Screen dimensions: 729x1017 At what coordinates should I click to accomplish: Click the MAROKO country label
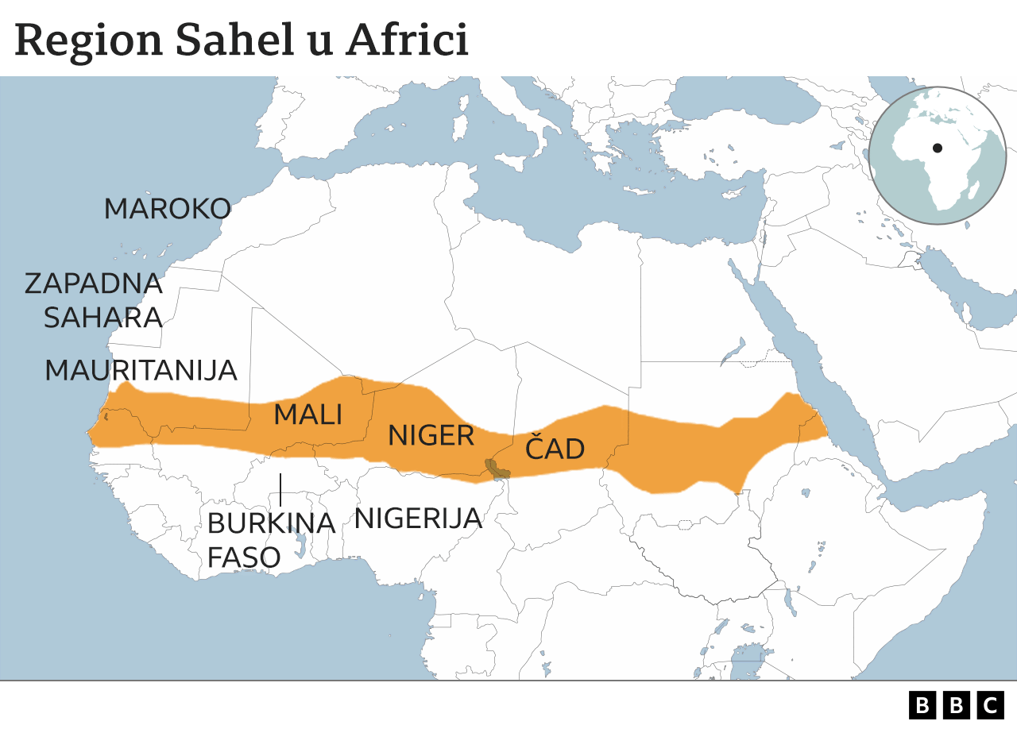pyautogui.click(x=168, y=209)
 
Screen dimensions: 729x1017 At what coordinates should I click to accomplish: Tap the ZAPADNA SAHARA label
pyautogui.click(x=94, y=300)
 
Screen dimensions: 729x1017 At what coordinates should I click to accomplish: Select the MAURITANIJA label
pyautogui.click(x=141, y=370)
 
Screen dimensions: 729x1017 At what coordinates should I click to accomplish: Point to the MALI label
pyautogui.click(x=308, y=415)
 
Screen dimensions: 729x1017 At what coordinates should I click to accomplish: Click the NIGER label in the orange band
pyautogui.click(x=431, y=435)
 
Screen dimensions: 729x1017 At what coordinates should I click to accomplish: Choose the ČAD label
pyautogui.click(x=555, y=449)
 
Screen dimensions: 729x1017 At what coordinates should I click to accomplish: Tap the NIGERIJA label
pyautogui.click(x=418, y=519)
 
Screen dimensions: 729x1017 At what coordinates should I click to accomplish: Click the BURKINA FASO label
pyautogui.click(x=270, y=540)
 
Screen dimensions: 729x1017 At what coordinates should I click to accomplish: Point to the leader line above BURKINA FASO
pyautogui.click(x=280, y=489)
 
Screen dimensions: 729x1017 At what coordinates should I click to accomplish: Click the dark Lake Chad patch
pyautogui.click(x=497, y=469)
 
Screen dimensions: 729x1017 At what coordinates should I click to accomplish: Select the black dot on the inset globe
pyautogui.click(x=938, y=148)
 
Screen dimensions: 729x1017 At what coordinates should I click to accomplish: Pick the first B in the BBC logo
pyautogui.click(x=922, y=704)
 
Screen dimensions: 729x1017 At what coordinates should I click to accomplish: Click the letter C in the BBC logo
pyautogui.click(x=990, y=704)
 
